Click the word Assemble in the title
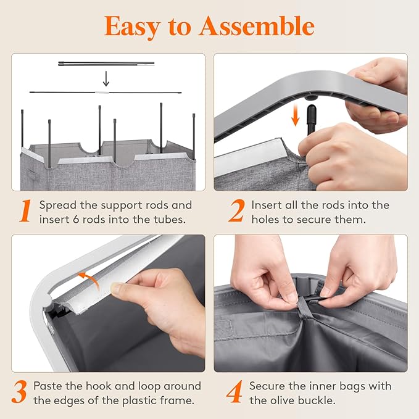[x=257, y=26]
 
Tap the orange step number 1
[x=26, y=210]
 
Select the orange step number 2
[x=236, y=210]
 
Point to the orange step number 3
[x=20, y=392]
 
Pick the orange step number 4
[x=234, y=392]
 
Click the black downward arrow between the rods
[x=106, y=79]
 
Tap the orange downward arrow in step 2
[x=296, y=115]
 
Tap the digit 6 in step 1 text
[x=76, y=220]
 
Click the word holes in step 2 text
[x=265, y=220]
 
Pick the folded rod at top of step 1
[x=106, y=64]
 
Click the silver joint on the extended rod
[x=102, y=93]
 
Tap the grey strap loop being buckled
[x=302, y=307]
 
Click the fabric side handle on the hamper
[x=33, y=176]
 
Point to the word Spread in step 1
[x=57, y=205]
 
